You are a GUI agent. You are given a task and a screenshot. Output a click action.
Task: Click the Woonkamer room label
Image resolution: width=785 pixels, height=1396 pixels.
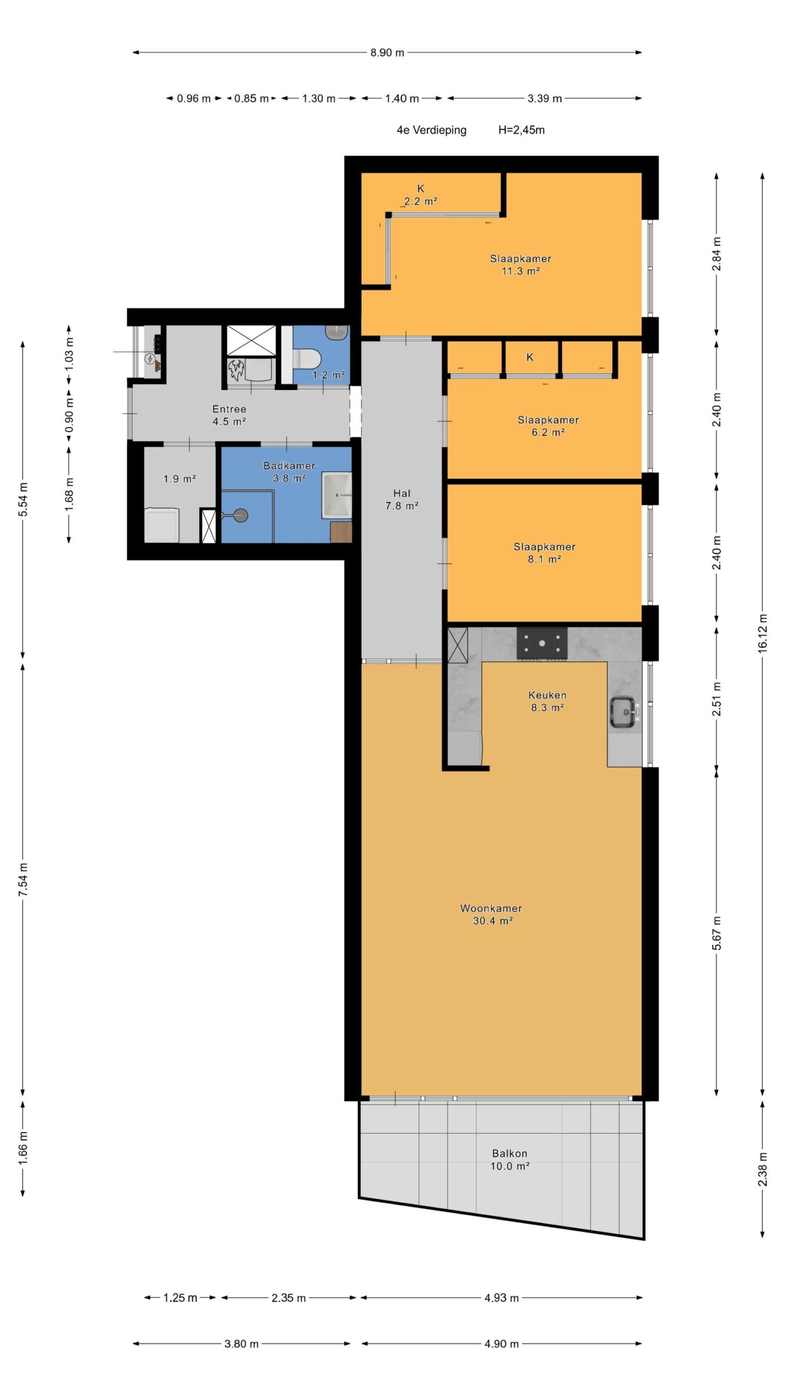[x=491, y=908]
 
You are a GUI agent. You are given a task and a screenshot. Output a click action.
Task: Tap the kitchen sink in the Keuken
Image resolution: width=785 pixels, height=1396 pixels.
[x=622, y=712]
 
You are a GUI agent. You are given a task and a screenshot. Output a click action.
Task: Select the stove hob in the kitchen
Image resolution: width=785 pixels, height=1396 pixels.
[x=542, y=643]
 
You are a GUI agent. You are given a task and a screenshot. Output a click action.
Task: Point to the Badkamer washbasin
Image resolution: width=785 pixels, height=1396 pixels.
[x=336, y=495]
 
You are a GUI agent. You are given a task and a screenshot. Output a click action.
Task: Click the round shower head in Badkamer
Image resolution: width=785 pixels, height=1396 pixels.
[x=239, y=514]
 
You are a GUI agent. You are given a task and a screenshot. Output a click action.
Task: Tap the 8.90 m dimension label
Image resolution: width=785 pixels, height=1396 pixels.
[x=388, y=53]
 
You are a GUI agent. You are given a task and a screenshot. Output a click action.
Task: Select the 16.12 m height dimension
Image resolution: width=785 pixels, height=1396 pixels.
[x=762, y=633]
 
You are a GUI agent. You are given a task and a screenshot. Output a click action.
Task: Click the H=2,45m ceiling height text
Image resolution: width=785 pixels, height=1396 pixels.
[x=521, y=130]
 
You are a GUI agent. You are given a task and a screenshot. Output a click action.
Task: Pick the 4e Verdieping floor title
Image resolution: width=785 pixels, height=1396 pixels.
[x=431, y=130]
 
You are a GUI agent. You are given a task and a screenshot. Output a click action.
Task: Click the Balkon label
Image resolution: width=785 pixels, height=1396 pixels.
[x=510, y=1153]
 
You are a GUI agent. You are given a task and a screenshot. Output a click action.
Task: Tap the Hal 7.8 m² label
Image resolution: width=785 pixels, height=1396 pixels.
[x=402, y=500]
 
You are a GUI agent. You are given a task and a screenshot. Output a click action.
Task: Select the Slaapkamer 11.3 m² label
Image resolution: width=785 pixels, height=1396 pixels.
[x=521, y=264]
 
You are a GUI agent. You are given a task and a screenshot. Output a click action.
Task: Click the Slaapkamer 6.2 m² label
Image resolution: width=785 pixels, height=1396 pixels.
[x=548, y=426]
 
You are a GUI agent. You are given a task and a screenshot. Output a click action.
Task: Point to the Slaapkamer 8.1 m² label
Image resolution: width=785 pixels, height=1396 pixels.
[x=544, y=552]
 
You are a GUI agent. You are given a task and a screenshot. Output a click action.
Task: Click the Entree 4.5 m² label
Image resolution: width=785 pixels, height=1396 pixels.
[x=229, y=415]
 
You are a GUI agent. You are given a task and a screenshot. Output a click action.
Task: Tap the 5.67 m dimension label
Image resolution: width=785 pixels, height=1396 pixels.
[x=716, y=933]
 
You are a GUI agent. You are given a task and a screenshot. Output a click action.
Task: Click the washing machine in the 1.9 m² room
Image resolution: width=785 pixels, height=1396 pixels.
[x=161, y=525]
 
